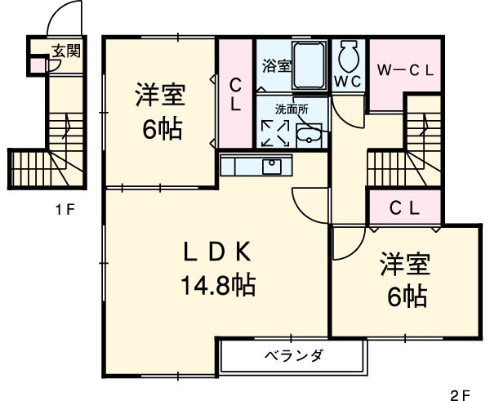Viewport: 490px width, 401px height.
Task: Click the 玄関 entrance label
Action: [x=66, y=51]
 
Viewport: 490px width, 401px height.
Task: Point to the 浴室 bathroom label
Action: [x=276, y=66]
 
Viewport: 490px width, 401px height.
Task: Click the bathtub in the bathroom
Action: [x=310, y=65]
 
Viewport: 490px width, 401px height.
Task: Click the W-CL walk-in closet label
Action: [x=404, y=70]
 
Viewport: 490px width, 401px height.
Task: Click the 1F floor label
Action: [x=65, y=210]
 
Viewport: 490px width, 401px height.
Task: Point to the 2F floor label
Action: [x=461, y=390]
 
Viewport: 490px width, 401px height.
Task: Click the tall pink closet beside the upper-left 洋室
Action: [x=235, y=94]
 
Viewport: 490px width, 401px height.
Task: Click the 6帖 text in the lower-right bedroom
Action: [x=407, y=296]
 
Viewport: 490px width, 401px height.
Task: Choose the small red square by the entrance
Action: [x=37, y=64]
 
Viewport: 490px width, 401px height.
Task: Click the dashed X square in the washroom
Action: [x=274, y=132]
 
